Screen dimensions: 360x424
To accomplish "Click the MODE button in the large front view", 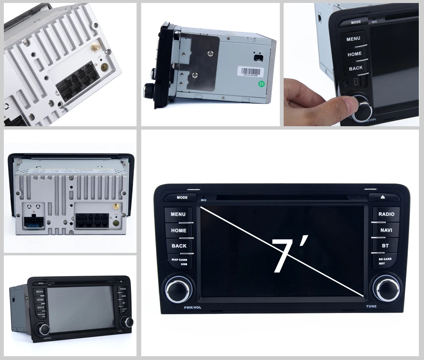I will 182,197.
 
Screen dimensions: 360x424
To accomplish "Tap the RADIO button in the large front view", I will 386,214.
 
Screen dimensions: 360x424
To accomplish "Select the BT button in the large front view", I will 385,245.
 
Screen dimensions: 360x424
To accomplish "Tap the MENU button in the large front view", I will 178,214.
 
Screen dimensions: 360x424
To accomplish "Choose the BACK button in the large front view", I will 179,246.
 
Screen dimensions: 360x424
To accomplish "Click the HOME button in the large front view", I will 179,230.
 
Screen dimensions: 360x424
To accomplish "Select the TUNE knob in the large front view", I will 386,288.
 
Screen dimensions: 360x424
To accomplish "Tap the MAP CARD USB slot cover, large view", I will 179,261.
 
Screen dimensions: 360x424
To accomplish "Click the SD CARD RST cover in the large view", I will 385,260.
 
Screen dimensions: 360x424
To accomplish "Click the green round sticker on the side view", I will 262,84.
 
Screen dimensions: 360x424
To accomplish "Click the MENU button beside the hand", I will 353,39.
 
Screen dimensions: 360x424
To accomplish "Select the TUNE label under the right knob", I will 371,306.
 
